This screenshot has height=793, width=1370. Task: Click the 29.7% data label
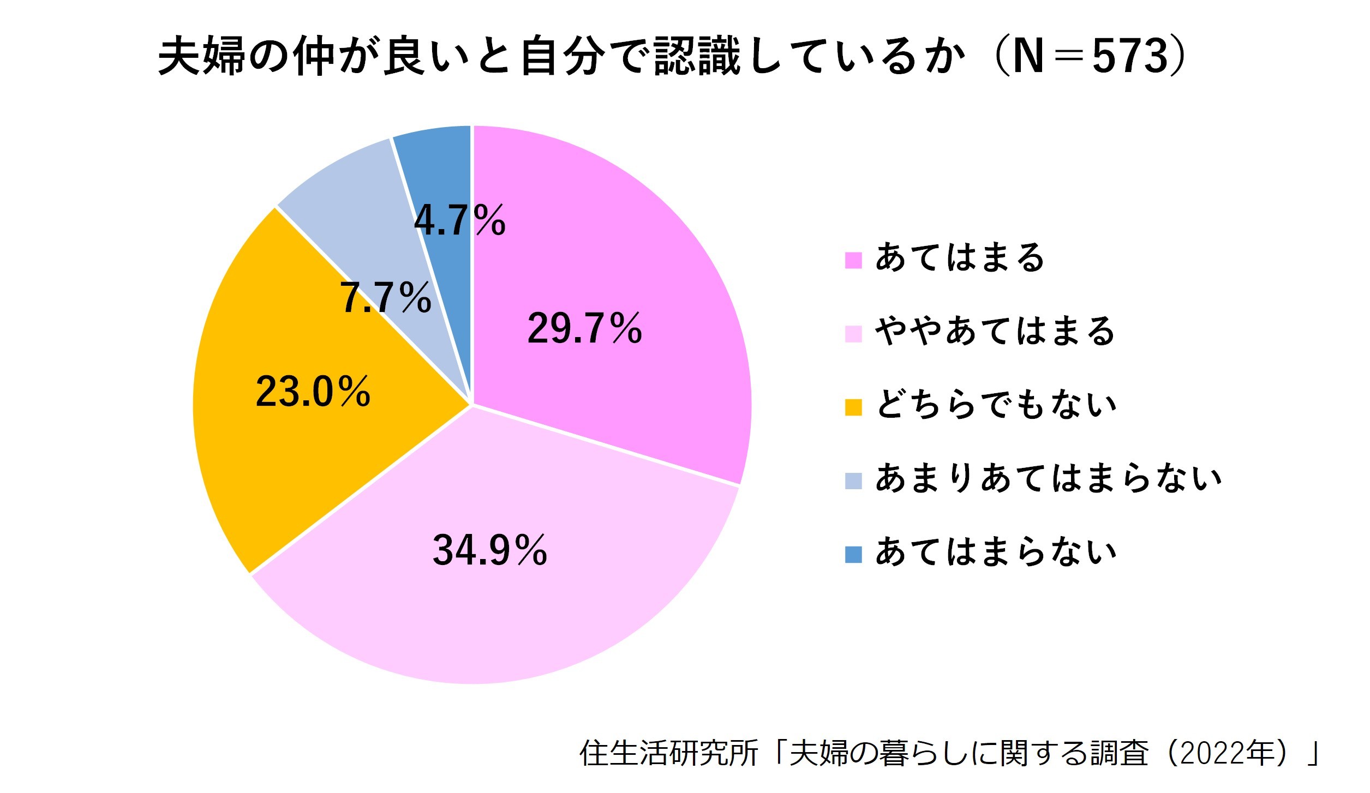click(x=584, y=328)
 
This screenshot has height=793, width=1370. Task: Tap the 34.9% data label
click(x=489, y=550)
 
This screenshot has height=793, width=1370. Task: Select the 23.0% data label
click(x=313, y=392)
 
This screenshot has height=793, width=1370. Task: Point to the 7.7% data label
click(x=386, y=298)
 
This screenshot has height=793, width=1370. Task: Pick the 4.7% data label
click(x=459, y=221)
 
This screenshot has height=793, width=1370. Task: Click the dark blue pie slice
click(x=445, y=164)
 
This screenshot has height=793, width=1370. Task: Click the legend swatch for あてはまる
click(x=853, y=260)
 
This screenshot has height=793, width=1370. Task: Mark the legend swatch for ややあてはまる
click(x=853, y=334)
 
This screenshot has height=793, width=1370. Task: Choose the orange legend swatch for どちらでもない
click(x=853, y=407)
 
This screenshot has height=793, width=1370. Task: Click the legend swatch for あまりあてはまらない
click(x=853, y=481)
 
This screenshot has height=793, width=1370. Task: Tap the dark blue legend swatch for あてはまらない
click(x=853, y=555)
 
